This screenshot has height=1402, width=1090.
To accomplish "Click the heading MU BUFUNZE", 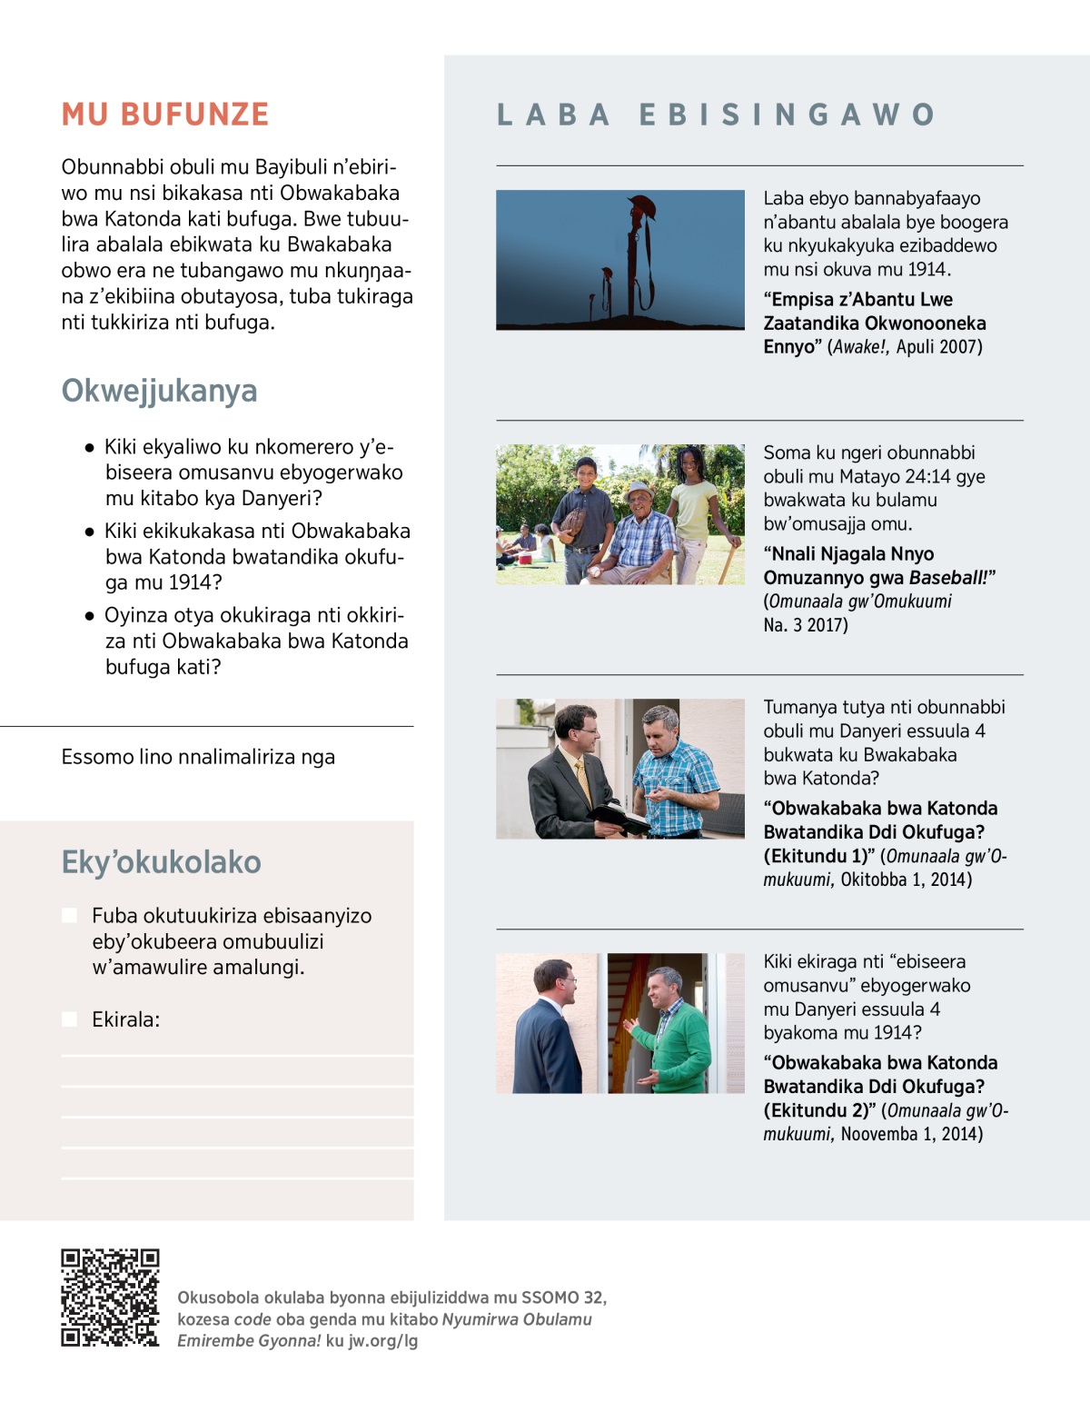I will tap(165, 114).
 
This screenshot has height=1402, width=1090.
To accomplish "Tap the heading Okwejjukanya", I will tap(159, 391).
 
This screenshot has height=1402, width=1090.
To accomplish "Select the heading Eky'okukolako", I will tap(161, 861).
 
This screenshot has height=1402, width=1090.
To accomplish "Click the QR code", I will tap(110, 1298).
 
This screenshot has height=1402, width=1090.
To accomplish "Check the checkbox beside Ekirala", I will tap(69, 1019).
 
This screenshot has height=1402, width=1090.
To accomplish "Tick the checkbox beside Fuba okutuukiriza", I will tap(69, 915).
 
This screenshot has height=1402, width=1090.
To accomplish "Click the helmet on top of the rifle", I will tap(640, 206).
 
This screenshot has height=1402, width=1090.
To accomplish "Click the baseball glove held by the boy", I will tap(572, 521).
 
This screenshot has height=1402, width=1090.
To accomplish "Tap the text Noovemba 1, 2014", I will tap(911, 1134).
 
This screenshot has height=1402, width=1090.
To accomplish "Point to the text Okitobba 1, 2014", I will tap(906, 880).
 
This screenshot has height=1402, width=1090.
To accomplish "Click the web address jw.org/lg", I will tap(383, 1340).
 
